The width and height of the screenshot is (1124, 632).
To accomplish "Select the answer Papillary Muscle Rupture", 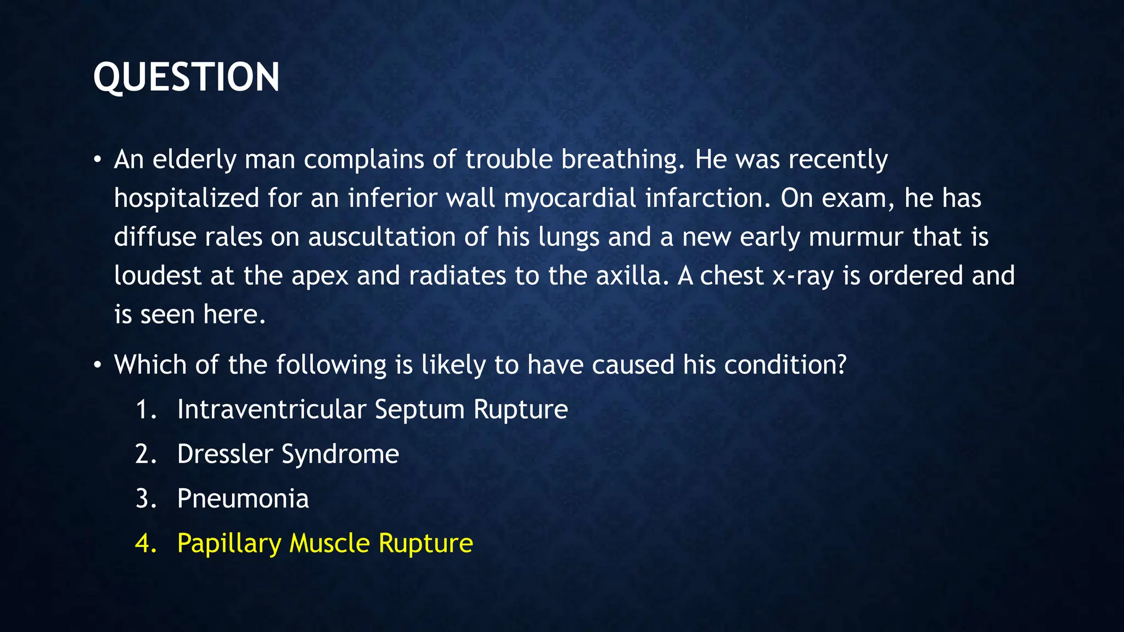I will coord(325,543).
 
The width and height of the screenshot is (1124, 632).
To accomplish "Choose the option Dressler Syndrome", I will coord(288,454).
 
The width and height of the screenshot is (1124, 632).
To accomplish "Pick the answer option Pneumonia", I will coord(243,499).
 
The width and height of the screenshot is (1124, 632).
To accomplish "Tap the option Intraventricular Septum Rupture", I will coord(372,409).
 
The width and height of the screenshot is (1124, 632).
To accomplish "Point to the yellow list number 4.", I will coord(145,543).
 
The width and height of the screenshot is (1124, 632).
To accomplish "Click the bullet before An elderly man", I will coord(97,160).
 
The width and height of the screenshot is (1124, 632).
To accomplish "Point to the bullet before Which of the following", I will coord(97,365).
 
